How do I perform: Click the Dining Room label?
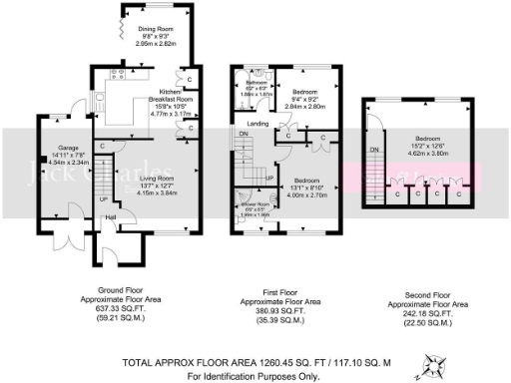click(156, 29)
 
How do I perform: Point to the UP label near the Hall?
click(104, 198)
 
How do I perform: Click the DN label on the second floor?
click(375, 150)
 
